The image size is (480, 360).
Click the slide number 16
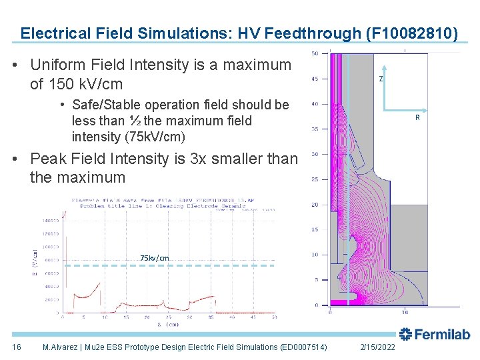coord(17,347)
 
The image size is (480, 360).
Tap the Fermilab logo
coord(435,335)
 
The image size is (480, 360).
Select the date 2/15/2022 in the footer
coord(377,347)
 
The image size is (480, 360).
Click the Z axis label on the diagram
coord(381,79)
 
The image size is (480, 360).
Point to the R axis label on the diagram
coord(417,117)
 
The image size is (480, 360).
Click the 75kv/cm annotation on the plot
coord(155,258)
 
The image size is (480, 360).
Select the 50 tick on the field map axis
coord(315,53)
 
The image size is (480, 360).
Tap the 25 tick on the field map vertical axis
coord(315,179)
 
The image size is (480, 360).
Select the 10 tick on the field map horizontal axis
coord(405,311)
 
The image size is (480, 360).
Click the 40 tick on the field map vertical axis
coord(315,104)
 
